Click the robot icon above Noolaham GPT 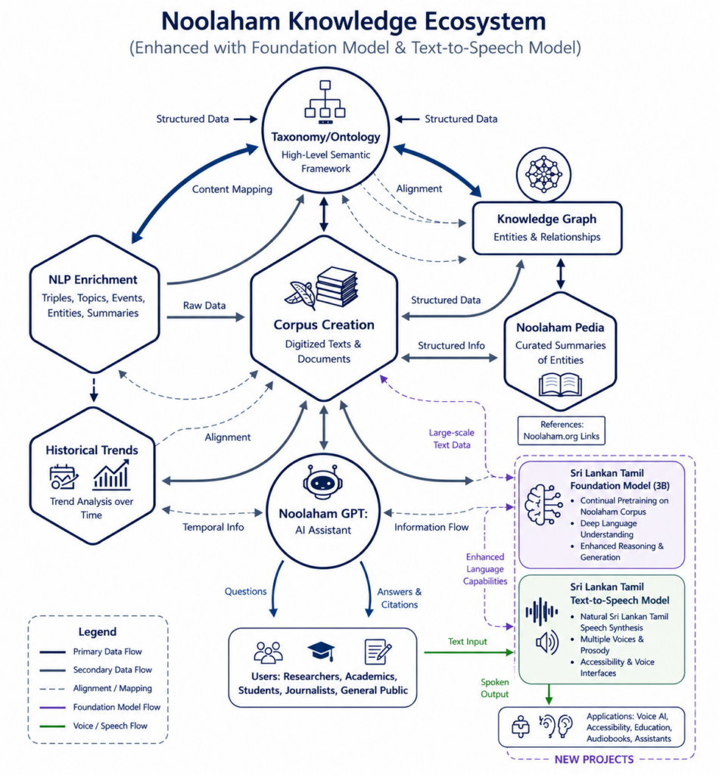(322, 482)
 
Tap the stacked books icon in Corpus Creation (337, 287)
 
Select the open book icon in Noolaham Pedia (560, 385)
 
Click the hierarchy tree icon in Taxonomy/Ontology (325, 102)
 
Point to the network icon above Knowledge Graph (543, 174)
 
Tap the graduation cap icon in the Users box (321, 651)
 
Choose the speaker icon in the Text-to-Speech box (547, 643)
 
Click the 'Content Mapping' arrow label (232, 189)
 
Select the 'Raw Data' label (204, 306)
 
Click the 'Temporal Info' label (213, 527)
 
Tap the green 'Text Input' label (467, 642)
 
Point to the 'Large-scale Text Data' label (452, 438)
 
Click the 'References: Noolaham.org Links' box (562, 431)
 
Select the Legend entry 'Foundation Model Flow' (117, 708)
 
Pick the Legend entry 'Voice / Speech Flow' (110, 726)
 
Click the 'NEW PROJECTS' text (594, 760)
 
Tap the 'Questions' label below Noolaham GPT (246, 591)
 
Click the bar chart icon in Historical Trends (111, 475)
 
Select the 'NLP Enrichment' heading (93, 280)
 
